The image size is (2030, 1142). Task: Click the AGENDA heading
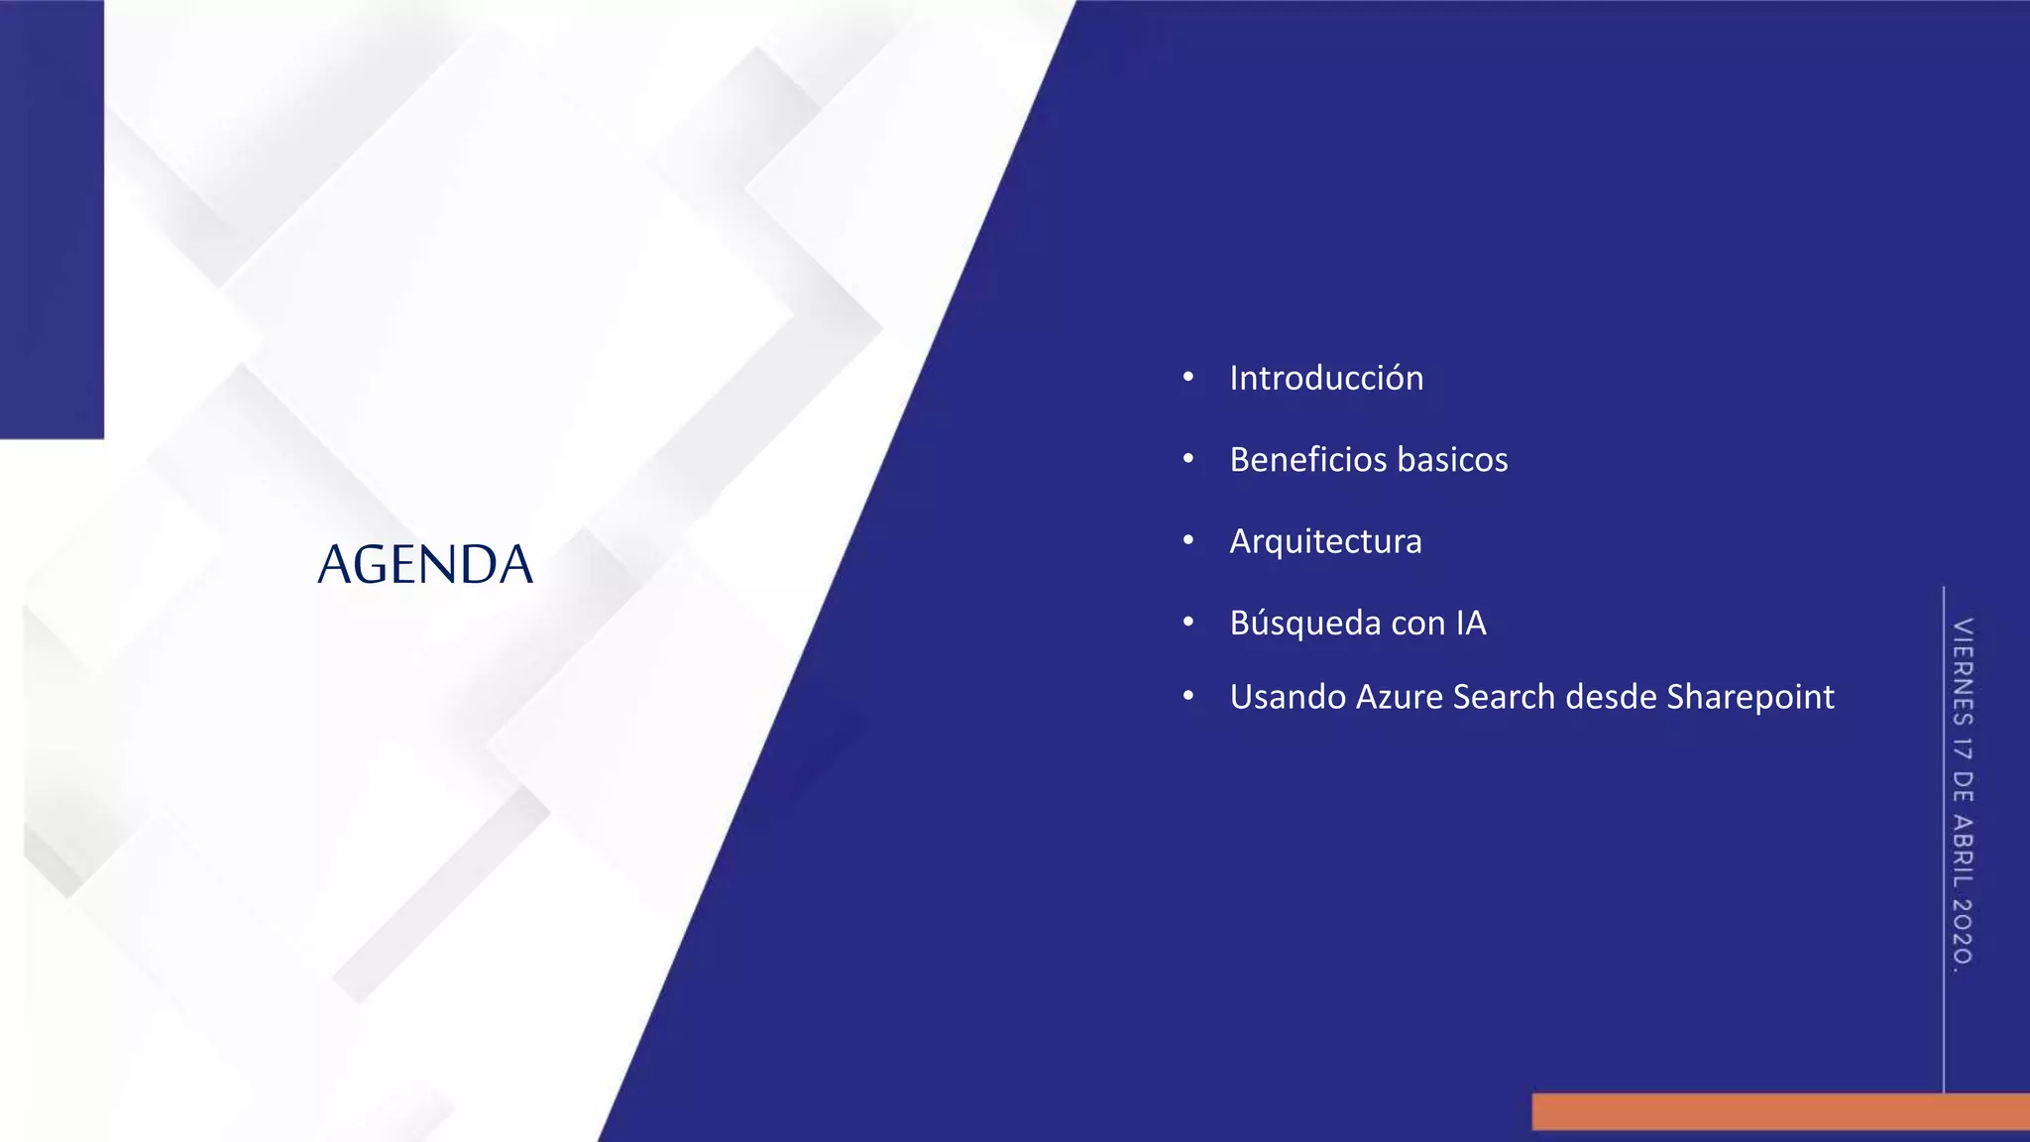pos(425,564)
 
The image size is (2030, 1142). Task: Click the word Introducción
pos(1326,378)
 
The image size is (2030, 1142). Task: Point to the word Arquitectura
pos(1325,541)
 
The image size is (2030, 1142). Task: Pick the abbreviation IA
pos(1471,623)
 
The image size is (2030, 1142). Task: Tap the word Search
pos(1504,697)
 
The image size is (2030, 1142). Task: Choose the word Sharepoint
pos(1750,697)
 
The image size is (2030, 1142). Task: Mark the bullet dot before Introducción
pos(1187,378)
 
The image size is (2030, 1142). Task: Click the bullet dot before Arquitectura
pos(1187,541)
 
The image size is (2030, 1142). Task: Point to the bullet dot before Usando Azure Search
pos(1187,697)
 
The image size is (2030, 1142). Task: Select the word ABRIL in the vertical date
pos(1963,851)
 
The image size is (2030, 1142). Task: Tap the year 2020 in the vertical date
pos(1963,932)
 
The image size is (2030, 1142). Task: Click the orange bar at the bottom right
pos(1780,1111)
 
